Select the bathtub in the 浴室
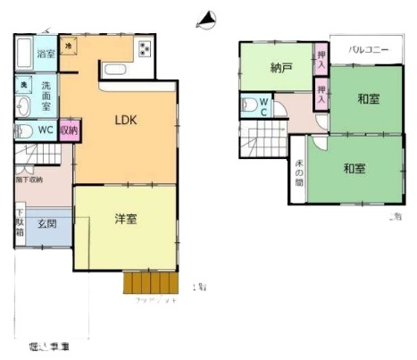tap(24, 54)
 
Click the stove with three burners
tap(144, 48)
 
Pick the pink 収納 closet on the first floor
tap(67, 130)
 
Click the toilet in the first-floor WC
tap(24, 130)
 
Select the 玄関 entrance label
tap(47, 222)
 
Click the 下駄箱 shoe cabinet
tap(21, 223)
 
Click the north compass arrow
tap(208, 17)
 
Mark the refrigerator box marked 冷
tap(70, 43)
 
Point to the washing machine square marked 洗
tap(24, 84)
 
